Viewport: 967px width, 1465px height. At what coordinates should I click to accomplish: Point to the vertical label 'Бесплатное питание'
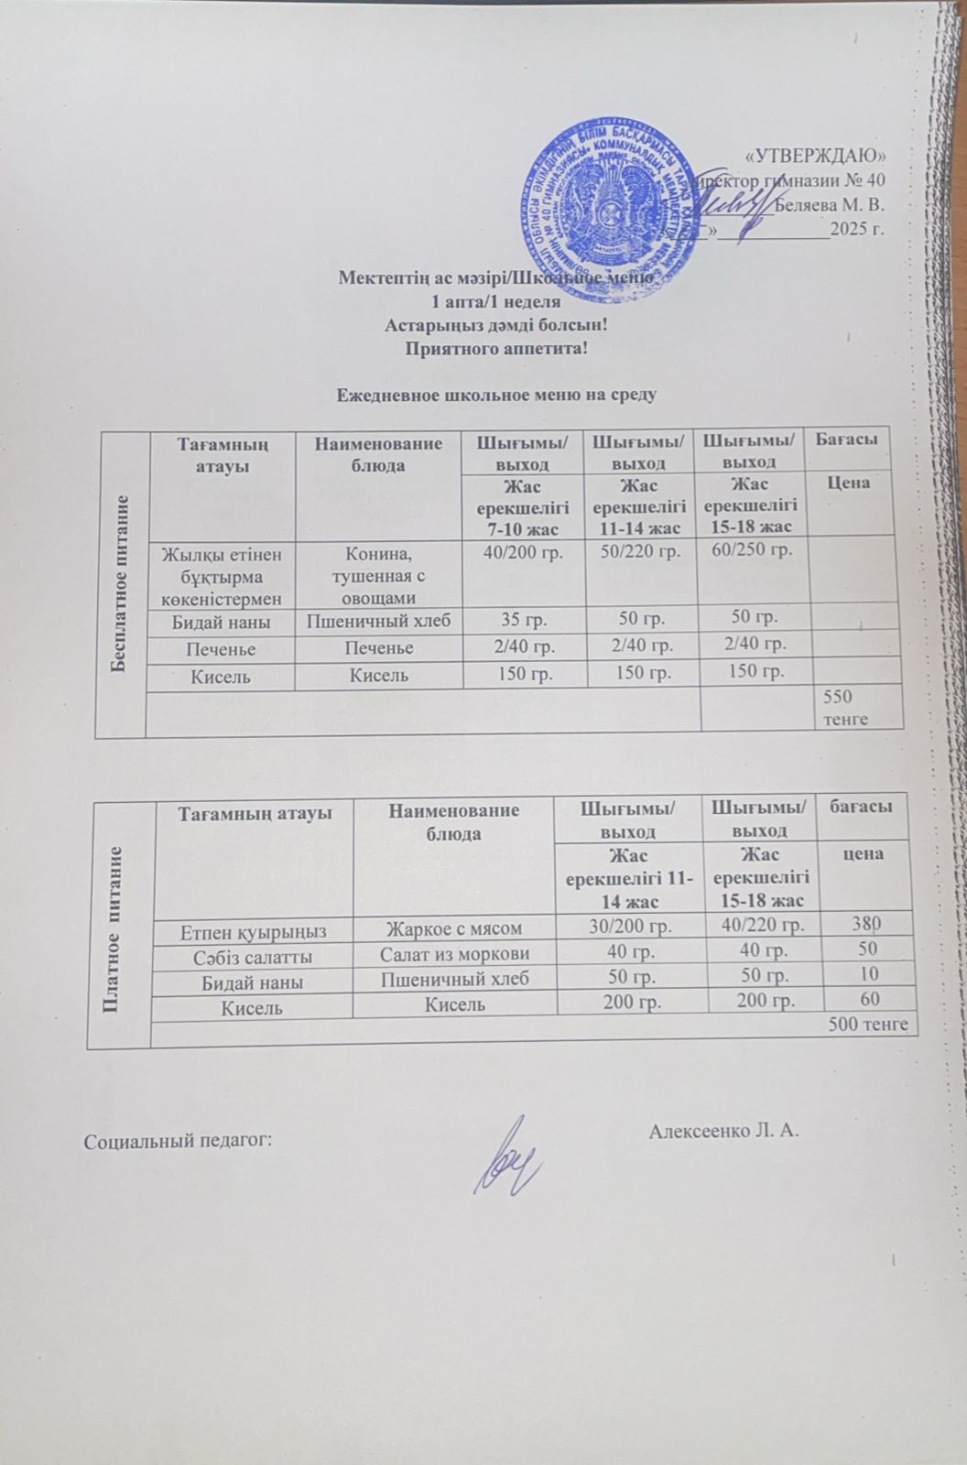[x=120, y=583]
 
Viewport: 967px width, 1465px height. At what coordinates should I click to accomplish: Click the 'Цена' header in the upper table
[x=848, y=483]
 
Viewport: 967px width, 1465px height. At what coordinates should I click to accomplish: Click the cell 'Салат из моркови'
[x=455, y=952]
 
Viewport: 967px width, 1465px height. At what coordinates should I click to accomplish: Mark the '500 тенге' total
[x=868, y=1023]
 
